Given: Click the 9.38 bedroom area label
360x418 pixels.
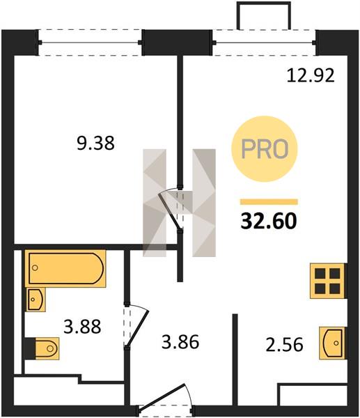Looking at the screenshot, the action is click(x=95, y=143).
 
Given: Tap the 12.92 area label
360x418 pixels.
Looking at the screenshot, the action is click(x=311, y=75).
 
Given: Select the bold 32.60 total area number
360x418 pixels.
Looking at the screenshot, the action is click(x=269, y=222).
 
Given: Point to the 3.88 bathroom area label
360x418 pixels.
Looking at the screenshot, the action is click(x=82, y=327).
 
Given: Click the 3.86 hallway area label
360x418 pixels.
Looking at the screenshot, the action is click(x=180, y=342).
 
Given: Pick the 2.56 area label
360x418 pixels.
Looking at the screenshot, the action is click(x=284, y=344).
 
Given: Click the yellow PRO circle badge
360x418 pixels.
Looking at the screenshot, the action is click(x=264, y=149).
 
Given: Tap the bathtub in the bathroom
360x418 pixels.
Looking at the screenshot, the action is click(x=65, y=268).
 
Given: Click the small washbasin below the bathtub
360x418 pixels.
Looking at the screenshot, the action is click(x=36, y=300).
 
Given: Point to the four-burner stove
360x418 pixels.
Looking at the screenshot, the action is click(x=328, y=281).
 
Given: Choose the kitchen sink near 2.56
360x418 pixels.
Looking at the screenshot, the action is click(x=333, y=343).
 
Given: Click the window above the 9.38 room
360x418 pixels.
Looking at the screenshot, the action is click(x=91, y=42).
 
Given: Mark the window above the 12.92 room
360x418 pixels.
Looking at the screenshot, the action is click(x=265, y=42).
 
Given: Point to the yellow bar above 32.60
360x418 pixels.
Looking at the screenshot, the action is click(x=269, y=202).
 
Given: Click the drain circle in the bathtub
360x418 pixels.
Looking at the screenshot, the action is click(x=35, y=268).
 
